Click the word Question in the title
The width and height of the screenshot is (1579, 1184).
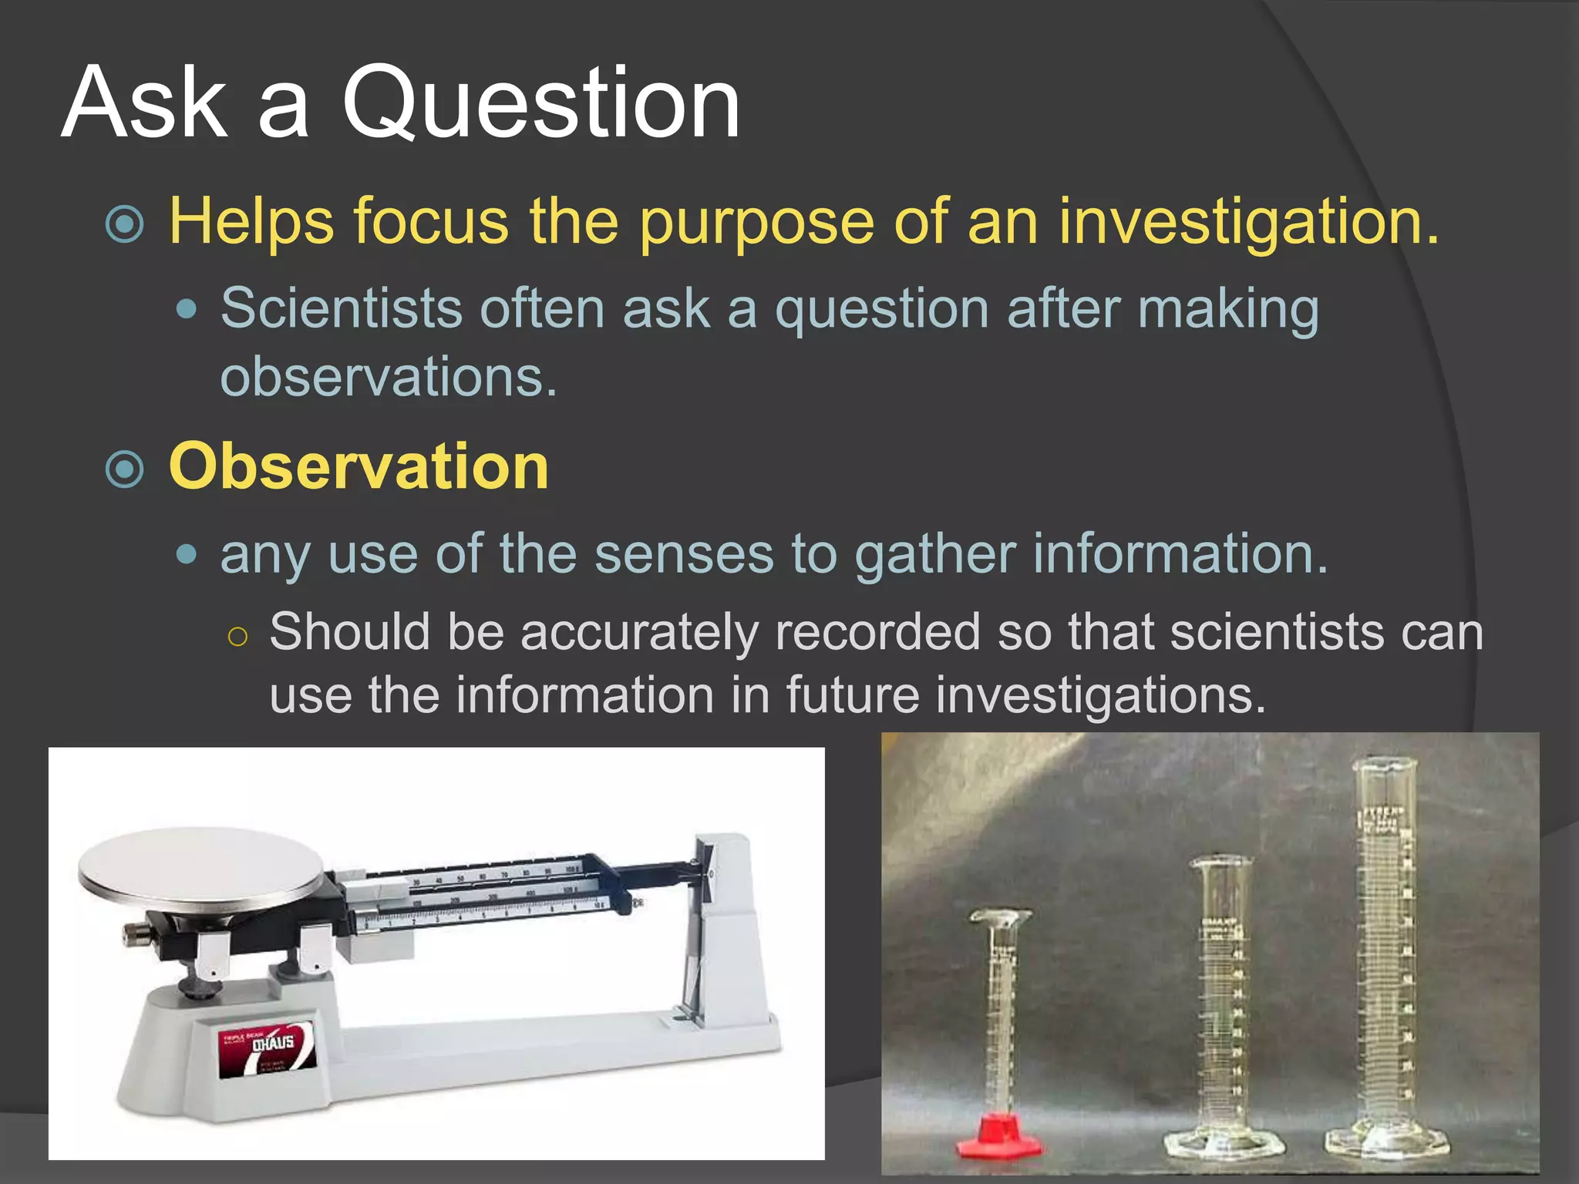tap(540, 104)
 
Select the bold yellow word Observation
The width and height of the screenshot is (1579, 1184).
tap(359, 467)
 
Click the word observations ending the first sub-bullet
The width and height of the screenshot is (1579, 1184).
tap(388, 378)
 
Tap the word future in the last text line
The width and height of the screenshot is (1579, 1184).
tap(853, 695)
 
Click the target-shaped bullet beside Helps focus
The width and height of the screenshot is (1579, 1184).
tap(125, 224)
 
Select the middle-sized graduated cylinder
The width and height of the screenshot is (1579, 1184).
tap(1220, 1002)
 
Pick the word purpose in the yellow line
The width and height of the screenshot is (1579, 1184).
tap(756, 222)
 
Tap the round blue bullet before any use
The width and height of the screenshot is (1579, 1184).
tap(187, 554)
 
